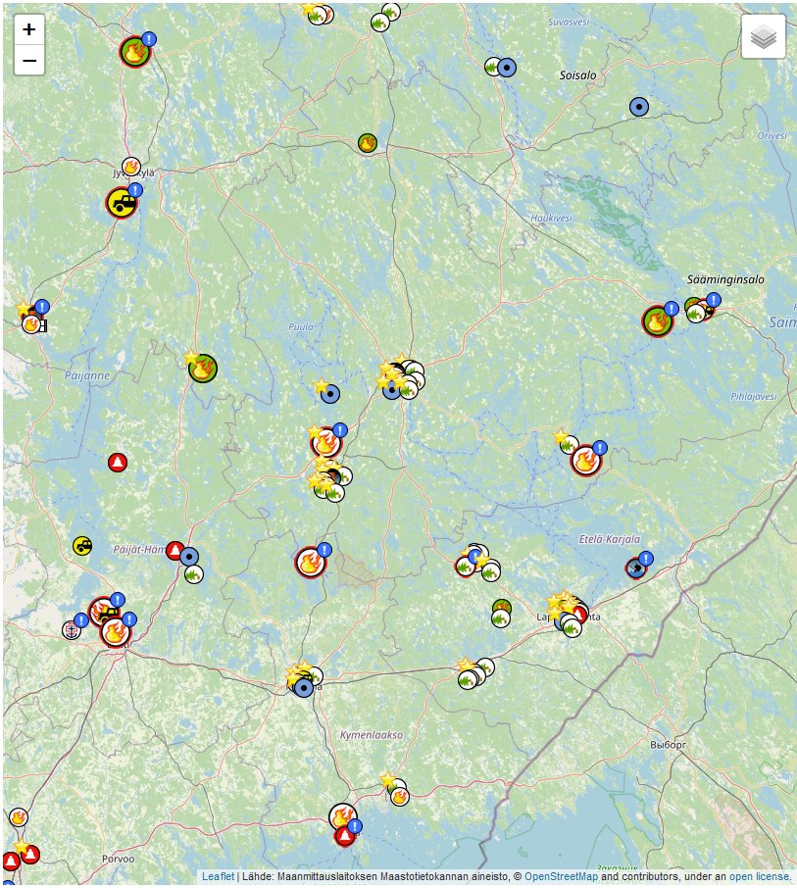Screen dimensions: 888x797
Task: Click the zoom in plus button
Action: coord(29,29)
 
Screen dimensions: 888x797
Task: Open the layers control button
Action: coord(763,37)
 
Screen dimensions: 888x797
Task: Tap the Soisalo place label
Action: coord(577,74)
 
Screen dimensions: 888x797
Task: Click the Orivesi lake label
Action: coord(772,136)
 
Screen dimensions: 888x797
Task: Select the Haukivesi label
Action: coord(549,218)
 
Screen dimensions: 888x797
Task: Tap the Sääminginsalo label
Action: coord(725,279)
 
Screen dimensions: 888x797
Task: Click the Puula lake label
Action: coord(300,327)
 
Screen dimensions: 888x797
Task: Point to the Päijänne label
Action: coord(87,375)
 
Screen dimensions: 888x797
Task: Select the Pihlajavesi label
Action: coord(753,397)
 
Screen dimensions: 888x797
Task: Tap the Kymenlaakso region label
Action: coord(371,734)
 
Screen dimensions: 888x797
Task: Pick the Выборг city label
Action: coord(670,745)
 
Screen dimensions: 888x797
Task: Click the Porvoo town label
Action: coord(117,858)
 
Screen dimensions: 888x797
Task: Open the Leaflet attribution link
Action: coord(218,876)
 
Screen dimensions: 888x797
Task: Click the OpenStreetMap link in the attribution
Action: coord(561,876)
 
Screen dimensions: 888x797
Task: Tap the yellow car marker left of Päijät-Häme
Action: coord(82,545)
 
